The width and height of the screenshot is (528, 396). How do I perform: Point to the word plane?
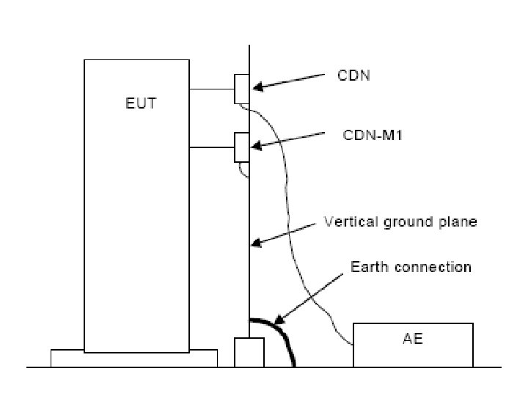coord(458,221)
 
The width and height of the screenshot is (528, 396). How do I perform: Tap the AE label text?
coord(413,339)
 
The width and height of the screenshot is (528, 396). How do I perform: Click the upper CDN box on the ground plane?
coord(242,89)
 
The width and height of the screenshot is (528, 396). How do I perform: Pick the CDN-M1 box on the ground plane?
coord(242,147)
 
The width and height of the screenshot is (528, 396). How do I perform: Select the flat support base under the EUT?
coord(134,358)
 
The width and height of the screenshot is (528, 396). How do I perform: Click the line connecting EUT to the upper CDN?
coord(211,89)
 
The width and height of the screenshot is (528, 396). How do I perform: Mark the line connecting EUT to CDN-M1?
coord(211,147)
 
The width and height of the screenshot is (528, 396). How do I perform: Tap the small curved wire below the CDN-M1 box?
coord(243,170)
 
